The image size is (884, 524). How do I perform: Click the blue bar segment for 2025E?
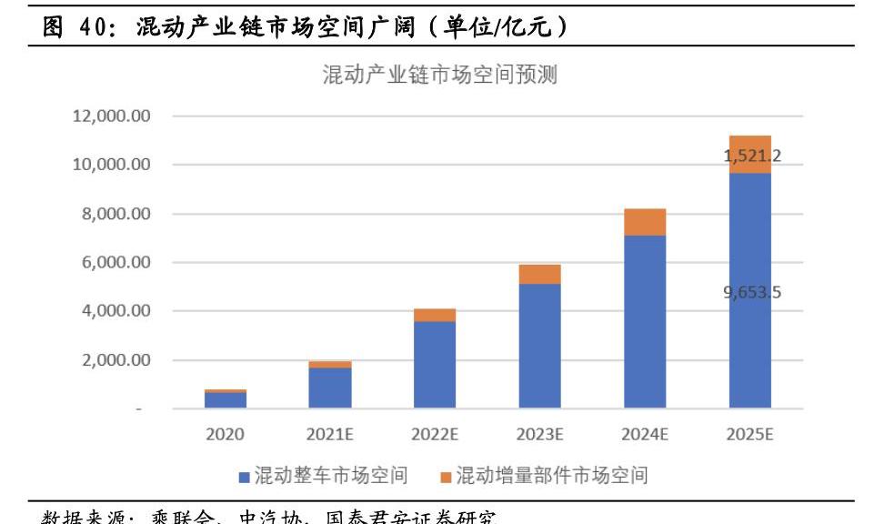(749, 346)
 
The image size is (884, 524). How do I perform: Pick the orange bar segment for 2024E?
(645, 222)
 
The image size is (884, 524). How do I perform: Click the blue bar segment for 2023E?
(539, 346)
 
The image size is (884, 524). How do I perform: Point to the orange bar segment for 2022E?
(435, 315)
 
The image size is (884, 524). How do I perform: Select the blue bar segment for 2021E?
(329, 388)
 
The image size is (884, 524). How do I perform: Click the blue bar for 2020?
(225, 400)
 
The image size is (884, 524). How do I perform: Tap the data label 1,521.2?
(751, 156)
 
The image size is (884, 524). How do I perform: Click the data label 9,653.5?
(751, 293)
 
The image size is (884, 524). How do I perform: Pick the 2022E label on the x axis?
(435, 435)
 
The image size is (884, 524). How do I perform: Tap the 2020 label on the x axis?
(225, 435)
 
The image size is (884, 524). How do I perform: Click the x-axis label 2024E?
(645, 435)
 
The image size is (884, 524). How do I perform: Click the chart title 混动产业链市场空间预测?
(439, 76)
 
